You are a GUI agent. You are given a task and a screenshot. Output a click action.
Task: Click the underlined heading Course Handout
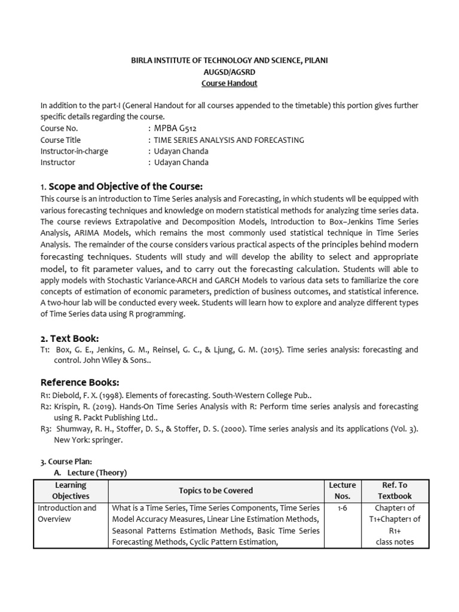229,83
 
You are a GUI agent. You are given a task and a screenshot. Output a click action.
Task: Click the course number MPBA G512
175,128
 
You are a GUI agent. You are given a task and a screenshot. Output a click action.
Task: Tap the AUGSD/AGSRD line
229,72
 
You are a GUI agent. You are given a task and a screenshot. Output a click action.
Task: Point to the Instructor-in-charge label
74,151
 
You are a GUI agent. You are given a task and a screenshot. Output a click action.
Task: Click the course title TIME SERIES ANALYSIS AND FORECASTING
229,140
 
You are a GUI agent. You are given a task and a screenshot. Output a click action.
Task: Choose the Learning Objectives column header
71,490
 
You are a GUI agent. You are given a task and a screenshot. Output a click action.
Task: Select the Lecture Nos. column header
342,490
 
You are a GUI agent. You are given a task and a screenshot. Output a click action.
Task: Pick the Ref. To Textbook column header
394,490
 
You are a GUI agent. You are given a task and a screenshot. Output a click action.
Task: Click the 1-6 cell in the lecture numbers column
342,508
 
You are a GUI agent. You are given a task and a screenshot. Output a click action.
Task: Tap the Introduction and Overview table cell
67,513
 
